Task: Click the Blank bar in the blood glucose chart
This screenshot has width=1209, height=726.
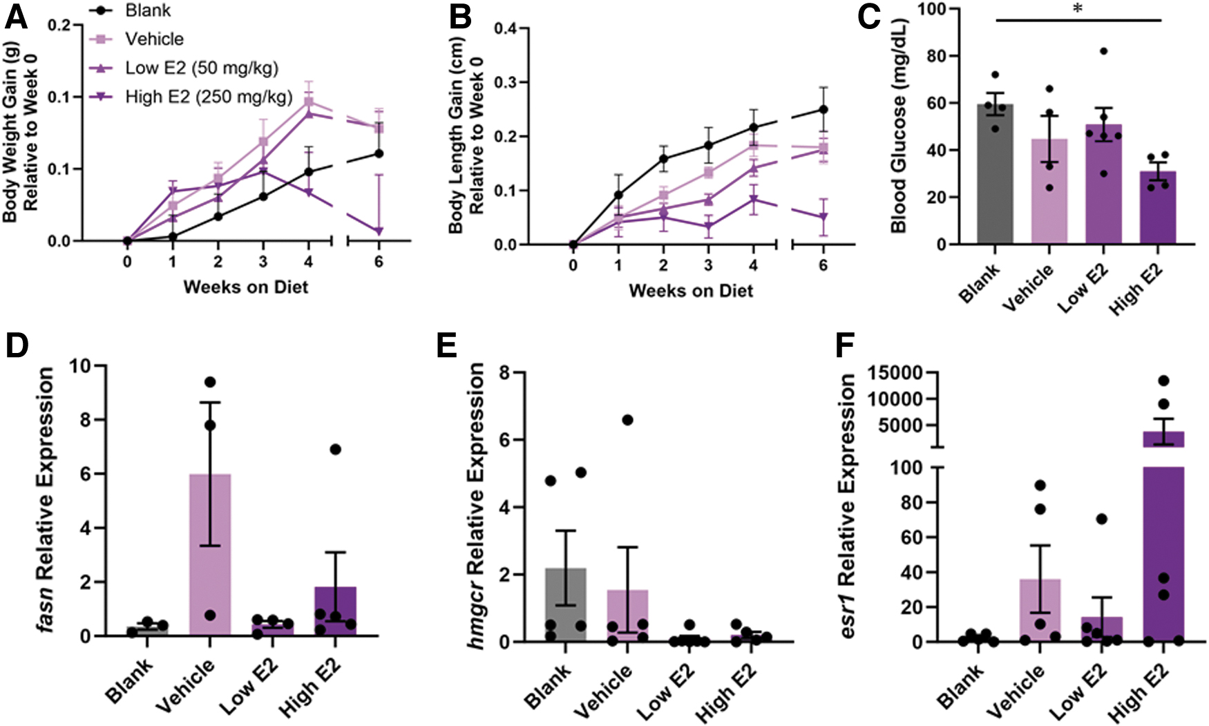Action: click(996, 174)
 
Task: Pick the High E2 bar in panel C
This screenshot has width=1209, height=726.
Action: click(1158, 208)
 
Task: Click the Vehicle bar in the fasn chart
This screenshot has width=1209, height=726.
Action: click(210, 555)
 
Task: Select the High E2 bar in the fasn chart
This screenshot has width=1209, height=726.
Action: click(336, 611)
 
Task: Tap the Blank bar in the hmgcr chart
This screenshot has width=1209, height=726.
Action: click(566, 605)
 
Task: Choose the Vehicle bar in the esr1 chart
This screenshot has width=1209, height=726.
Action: click(1040, 611)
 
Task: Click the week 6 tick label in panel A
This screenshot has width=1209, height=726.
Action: click(379, 262)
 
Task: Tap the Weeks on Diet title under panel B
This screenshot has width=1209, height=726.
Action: click(691, 291)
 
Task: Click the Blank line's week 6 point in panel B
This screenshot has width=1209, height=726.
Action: click(824, 109)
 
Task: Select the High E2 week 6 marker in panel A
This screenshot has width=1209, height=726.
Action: click(379, 231)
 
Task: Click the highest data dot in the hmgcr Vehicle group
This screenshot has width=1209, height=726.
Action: click(627, 420)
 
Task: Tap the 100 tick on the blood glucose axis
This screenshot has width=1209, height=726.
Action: click(934, 10)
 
